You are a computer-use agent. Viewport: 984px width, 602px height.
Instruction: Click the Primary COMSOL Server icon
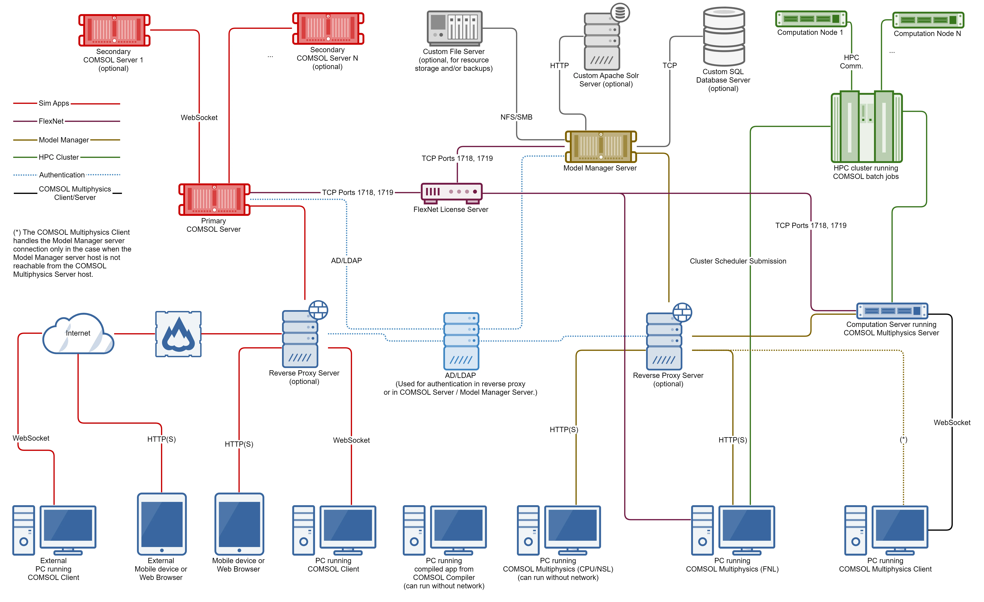(214, 199)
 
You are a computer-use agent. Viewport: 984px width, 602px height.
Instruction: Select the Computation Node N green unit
(928, 20)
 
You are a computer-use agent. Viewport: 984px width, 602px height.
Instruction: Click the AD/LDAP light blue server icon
(461, 341)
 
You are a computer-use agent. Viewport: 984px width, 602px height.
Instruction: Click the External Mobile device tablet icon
(162, 524)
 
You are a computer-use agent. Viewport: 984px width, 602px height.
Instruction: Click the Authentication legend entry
(62, 175)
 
